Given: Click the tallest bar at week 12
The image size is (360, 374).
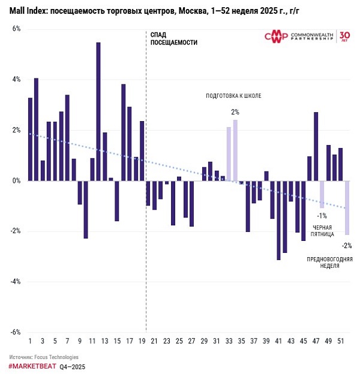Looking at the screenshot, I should pos(98,111).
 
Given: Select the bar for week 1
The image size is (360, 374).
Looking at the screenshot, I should pos(30,139).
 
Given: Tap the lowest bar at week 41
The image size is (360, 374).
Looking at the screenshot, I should pos(278,220).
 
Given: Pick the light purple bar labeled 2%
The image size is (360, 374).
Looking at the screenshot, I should pos(235,150).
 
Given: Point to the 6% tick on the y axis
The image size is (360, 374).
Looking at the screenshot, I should pos(16,29).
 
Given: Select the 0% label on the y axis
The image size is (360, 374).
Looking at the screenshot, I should pos(16,180).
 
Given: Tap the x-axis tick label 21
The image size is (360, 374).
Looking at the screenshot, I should pos(154,340).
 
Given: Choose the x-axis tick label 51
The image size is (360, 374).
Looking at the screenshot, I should pos(341,340).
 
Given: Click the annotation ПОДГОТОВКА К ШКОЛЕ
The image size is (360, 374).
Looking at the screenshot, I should pos(233,96).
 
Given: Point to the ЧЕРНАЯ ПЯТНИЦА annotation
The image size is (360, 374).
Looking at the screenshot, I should pos(322,231).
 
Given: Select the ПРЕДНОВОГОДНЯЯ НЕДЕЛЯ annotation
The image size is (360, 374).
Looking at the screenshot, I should pos(329,263).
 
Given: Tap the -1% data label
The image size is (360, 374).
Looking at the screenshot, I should pos(322,216).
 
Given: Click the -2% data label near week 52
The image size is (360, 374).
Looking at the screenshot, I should pos(347,245).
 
